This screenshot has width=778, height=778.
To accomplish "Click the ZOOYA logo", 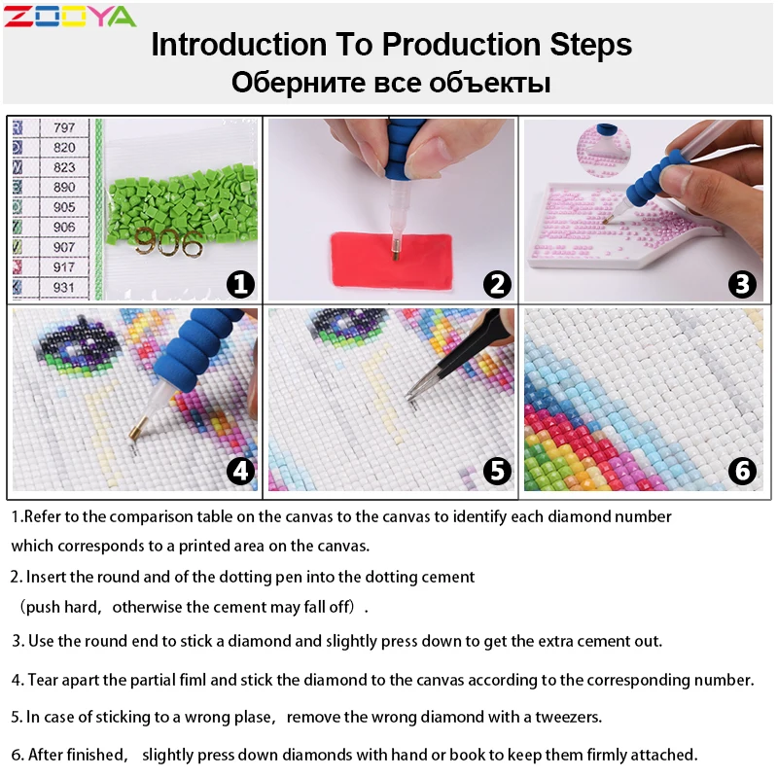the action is click(x=69, y=17).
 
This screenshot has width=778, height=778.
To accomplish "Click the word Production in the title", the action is click(x=461, y=45).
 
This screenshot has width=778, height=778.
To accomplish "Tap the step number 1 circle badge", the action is click(x=240, y=284).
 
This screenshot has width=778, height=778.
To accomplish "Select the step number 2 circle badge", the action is click(x=497, y=284).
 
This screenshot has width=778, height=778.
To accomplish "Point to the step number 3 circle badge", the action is click(x=742, y=284).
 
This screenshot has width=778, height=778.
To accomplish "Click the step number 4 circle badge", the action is click(x=240, y=471).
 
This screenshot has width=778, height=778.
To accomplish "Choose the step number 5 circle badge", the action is click(x=497, y=471).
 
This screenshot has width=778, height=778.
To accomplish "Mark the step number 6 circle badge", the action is click(x=742, y=471).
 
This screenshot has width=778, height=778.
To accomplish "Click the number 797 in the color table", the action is click(x=64, y=127).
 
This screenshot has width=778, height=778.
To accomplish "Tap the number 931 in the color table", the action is click(x=64, y=287).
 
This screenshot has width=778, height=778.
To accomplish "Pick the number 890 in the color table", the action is click(x=64, y=187).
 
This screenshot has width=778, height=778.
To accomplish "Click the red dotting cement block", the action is click(x=392, y=260).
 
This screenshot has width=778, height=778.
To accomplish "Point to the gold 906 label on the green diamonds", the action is click(x=168, y=243).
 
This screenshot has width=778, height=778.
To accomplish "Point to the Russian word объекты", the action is click(x=490, y=83).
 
